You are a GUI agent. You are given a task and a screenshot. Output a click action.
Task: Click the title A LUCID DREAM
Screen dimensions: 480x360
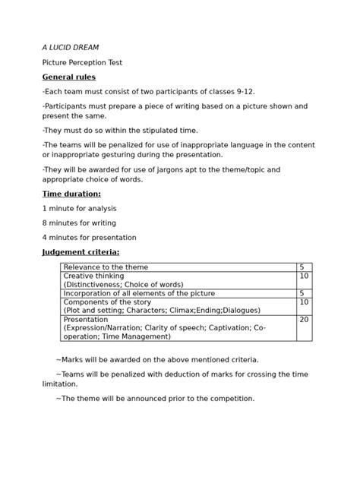point(70,48)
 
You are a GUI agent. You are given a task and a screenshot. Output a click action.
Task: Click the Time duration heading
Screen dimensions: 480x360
point(71,194)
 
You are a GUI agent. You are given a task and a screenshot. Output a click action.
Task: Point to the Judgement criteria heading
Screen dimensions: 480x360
point(81,252)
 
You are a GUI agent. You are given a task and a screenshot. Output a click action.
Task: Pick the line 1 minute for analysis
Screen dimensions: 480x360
point(79,208)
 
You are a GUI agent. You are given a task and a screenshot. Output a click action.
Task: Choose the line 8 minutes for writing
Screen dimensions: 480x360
point(79,223)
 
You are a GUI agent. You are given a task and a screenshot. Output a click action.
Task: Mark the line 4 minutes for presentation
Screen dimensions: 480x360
point(86,238)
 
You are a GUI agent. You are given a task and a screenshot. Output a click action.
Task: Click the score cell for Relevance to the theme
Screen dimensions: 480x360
point(303,267)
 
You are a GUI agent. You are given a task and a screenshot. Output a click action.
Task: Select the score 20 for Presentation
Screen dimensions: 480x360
point(304,320)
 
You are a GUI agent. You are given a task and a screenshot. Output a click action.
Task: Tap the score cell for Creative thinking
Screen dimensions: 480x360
point(304,276)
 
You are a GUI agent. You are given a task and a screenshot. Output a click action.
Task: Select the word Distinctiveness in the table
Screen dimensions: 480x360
point(95,285)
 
